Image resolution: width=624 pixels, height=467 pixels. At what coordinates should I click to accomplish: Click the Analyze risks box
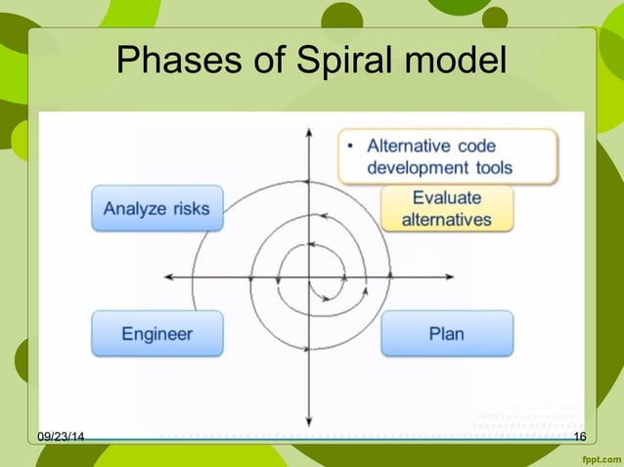tap(156, 208)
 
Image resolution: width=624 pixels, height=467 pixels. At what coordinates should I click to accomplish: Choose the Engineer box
tap(156, 333)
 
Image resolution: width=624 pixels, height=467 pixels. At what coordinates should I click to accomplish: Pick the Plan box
tap(446, 333)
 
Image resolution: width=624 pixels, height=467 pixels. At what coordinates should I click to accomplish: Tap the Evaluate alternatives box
tap(446, 208)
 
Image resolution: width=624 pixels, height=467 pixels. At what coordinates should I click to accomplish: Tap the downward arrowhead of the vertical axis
tap(309, 414)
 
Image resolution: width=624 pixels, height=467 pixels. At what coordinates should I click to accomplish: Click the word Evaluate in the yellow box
tap(446, 197)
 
